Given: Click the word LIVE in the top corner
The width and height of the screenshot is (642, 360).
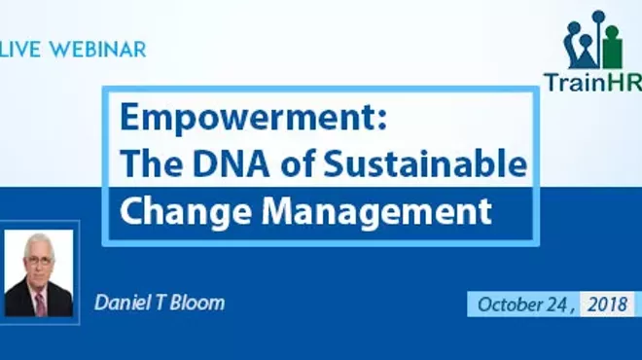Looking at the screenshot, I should (x=19, y=50).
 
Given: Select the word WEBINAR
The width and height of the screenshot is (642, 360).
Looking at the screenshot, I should (x=95, y=50).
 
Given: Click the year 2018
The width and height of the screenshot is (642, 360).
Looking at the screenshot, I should (x=613, y=304).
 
